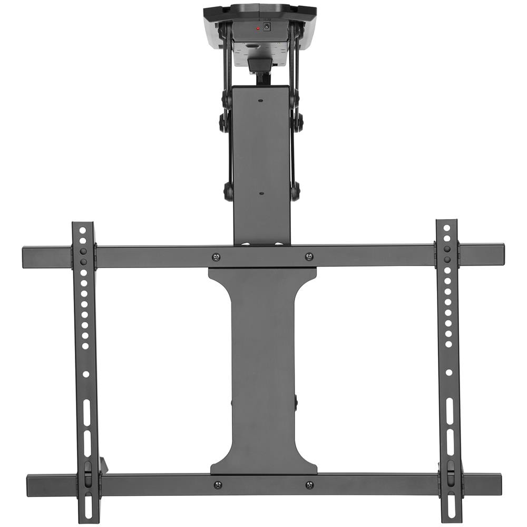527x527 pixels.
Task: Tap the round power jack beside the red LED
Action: click(x=267, y=26)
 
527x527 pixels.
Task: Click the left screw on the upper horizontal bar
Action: click(x=216, y=257)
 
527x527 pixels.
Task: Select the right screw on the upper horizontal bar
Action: click(x=309, y=257)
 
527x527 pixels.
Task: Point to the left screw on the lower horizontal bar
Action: click(x=218, y=485)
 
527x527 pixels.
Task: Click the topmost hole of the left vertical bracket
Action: click(x=83, y=230)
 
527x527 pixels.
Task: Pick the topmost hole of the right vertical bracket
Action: click(x=446, y=228)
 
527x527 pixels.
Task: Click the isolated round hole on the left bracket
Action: click(x=86, y=374)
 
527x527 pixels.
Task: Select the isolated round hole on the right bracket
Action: click(x=448, y=372)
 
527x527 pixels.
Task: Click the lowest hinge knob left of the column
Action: click(x=229, y=191)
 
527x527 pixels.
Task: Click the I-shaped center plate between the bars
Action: click(x=262, y=369)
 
